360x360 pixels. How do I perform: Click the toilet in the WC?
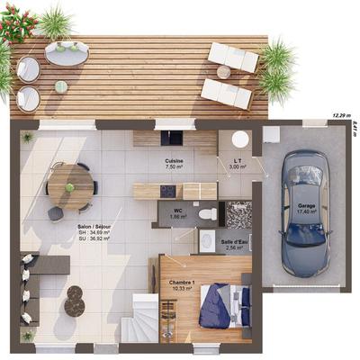point(206,214)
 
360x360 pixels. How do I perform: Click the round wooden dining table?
point(71,185)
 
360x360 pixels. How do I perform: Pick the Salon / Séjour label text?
point(93,227)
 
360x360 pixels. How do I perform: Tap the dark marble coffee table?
point(74,301)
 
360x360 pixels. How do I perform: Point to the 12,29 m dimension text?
point(340,116)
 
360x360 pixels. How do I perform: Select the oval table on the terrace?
point(66,55)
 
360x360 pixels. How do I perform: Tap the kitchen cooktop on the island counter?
point(167,191)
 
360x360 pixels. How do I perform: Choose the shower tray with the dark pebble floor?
point(238,214)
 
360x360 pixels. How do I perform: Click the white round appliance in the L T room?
point(239,139)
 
